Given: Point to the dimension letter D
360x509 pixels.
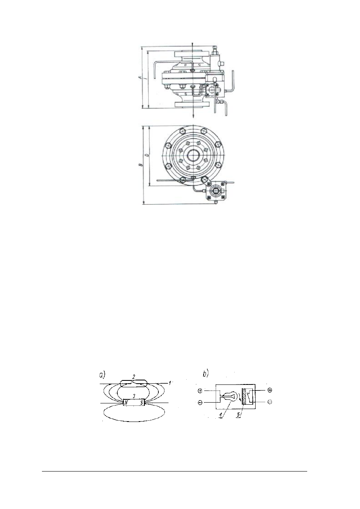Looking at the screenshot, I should [x=146, y=155].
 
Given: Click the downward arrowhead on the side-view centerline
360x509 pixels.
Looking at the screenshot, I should [x=194, y=116].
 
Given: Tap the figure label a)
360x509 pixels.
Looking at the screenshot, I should [x=103, y=374].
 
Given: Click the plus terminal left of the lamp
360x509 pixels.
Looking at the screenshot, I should [x=201, y=391].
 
